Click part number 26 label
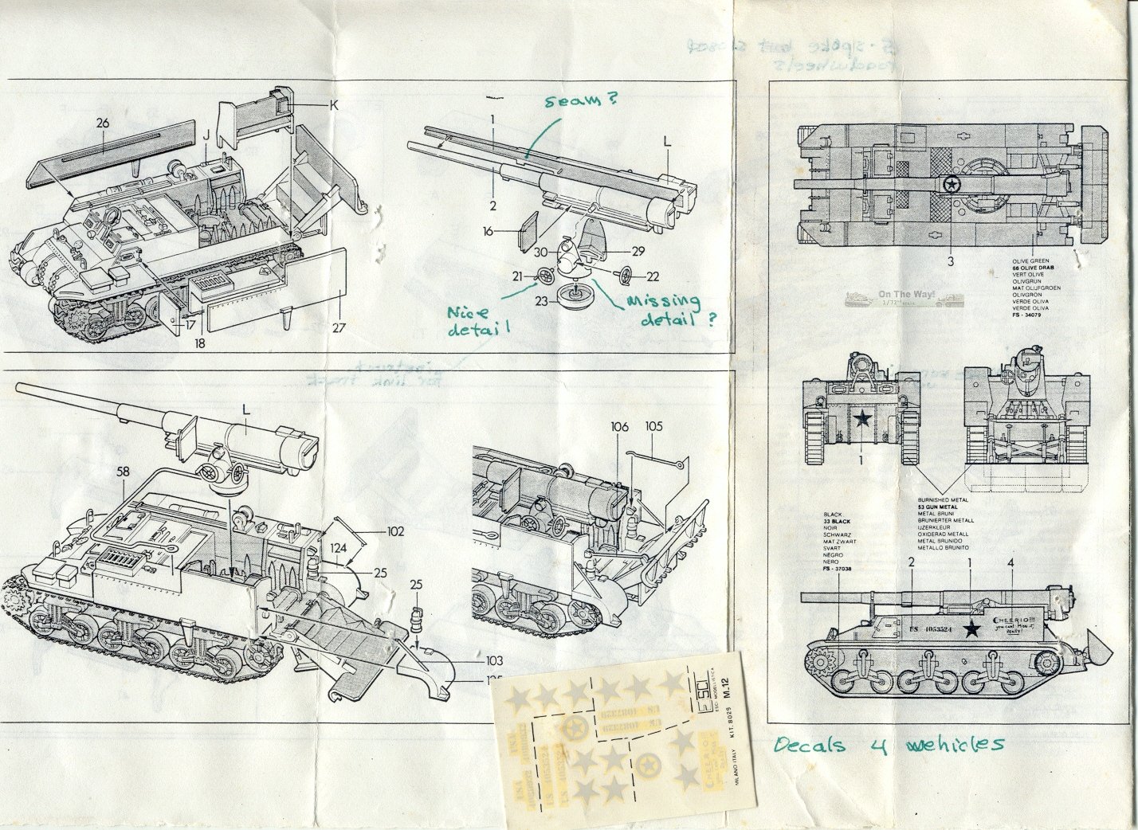[103, 123]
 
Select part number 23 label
[541, 300]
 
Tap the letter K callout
[334, 104]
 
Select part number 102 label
[394, 531]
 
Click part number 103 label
[495, 661]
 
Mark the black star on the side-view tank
[971, 629]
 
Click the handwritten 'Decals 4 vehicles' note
[889, 745]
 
